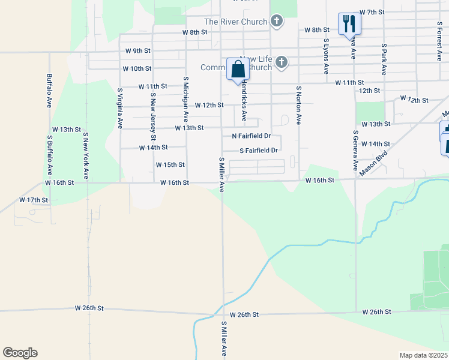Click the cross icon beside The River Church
click(276, 22)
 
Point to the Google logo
click(20, 353)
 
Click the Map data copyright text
click(423, 355)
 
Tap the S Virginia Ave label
click(120, 109)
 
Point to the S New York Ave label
click(86, 156)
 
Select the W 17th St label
click(34, 199)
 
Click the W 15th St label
click(170, 164)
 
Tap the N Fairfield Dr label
click(252, 136)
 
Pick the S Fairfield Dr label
click(259, 151)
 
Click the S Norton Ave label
click(298, 104)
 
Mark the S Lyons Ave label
click(326, 56)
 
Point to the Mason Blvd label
click(373, 163)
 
